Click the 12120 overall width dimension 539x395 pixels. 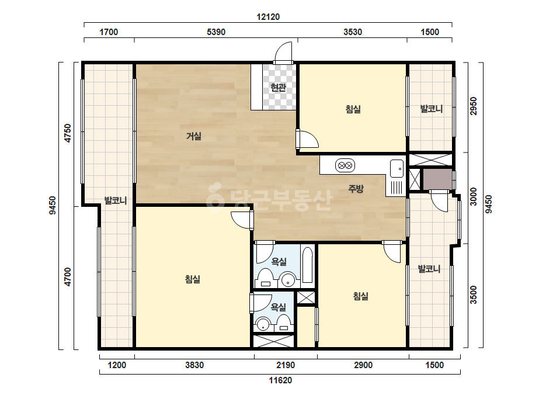click(x=268, y=16)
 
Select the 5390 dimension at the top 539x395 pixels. click(x=216, y=32)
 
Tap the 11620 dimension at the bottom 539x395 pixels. click(x=280, y=380)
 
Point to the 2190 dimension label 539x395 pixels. click(x=286, y=365)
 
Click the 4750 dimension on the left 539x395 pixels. click(x=68, y=133)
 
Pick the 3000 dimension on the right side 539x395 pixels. click(x=474, y=196)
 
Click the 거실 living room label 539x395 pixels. click(x=194, y=136)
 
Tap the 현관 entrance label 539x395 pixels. click(x=278, y=88)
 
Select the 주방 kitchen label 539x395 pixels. click(x=356, y=188)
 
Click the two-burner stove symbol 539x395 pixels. click(x=345, y=166)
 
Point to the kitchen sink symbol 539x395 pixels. click(x=397, y=168)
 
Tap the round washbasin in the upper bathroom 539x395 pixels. click(x=287, y=280)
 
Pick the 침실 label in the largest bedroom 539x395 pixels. click(x=193, y=279)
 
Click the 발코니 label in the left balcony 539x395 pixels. click(x=116, y=200)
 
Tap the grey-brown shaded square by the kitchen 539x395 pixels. click(x=437, y=179)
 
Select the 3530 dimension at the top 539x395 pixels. click(x=353, y=32)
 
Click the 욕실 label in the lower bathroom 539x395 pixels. click(x=278, y=307)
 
